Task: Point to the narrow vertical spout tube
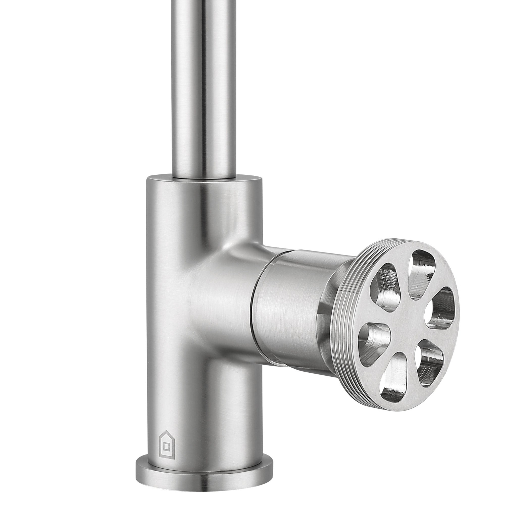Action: click(x=204, y=84)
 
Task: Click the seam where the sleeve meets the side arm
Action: click(x=255, y=303)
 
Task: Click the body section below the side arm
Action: click(x=202, y=404)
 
